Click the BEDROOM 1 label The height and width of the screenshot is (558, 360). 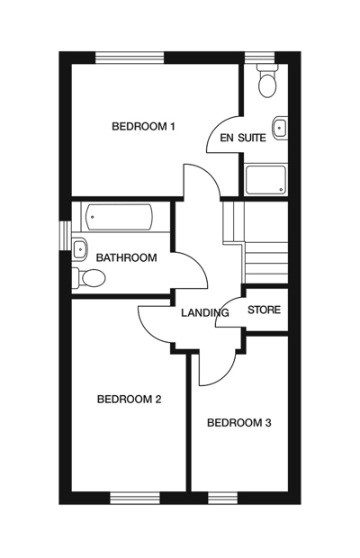click(x=143, y=126)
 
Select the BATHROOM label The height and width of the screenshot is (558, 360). click(x=127, y=257)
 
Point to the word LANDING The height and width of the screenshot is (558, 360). click(x=205, y=312)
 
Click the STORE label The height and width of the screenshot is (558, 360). click(x=265, y=310)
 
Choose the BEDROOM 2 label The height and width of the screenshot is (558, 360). click(x=129, y=400)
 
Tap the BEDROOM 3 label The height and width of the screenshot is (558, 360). click(x=239, y=423)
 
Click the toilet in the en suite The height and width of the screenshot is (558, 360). click(x=267, y=83)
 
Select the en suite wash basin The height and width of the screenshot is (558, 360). click(x=281, y=128)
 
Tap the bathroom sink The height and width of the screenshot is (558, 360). click(x=79, y=247)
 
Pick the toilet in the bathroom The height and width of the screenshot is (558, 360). click(x=85, y=278)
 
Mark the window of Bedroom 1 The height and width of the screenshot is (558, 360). click(x=130, y=58)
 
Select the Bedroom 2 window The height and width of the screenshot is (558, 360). click(x=134, y=498)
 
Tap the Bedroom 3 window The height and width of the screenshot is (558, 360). click(x=222, y=498)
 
